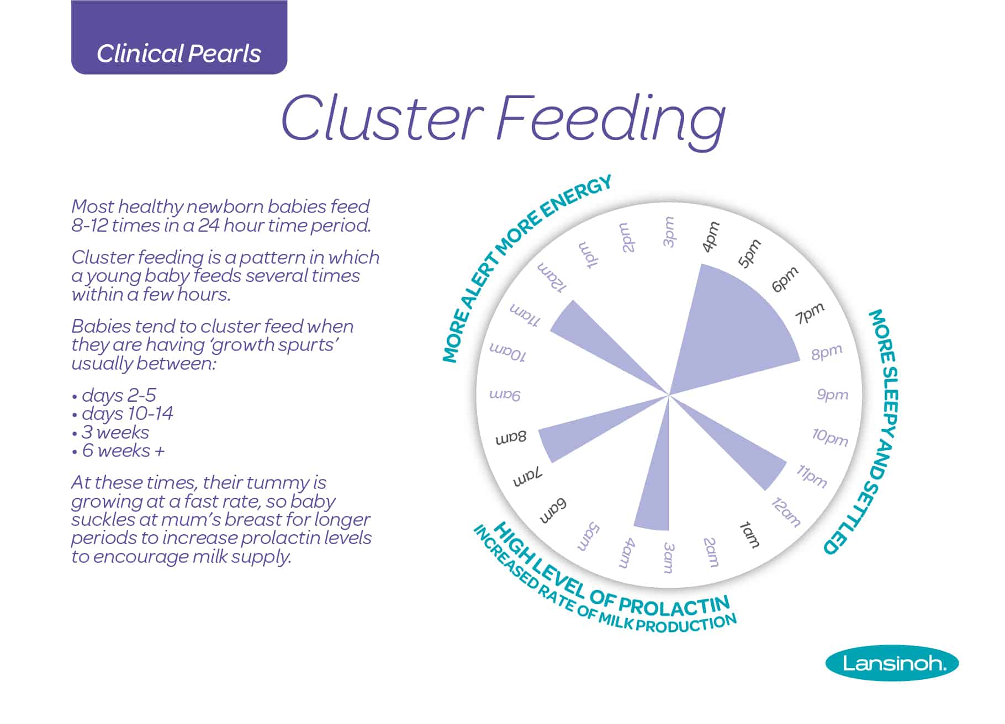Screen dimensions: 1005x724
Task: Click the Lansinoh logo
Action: pyautogui.click(x=892, y=663)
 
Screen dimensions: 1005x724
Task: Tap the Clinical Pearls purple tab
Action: pyautogui.click(x=179, y=37)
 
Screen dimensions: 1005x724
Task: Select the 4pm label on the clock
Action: pyautogui.click(x=711, y=236)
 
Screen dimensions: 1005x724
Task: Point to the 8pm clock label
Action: pyautogui.click(x=827, y=352)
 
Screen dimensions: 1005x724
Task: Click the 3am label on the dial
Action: pyautogui.click(x=669, y=557)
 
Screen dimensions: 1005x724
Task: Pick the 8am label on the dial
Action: pyautogui.click(x=511, y=438)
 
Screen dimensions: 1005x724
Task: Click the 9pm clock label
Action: pyautogui.click(x=832, y=395)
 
